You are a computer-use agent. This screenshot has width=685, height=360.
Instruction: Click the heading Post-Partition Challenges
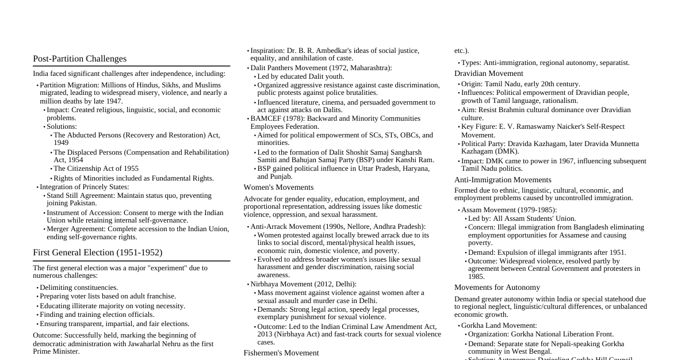tap(79, 59)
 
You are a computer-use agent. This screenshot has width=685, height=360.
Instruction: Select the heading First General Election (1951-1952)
tap(97, 252)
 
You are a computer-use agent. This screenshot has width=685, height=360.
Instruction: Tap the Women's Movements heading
tap(278, 187)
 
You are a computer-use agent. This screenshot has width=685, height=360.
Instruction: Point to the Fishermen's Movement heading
tap(281, 353)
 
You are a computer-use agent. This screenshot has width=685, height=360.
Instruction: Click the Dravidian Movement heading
tap(488, 74)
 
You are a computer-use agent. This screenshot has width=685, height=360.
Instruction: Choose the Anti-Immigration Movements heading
tap(503, 180)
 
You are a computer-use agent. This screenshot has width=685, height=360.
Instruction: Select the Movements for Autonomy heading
tap(497, 288)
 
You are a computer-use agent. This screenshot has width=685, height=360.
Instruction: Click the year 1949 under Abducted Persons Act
tap(61, 143)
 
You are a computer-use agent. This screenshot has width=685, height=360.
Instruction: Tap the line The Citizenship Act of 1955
tap(96, 168)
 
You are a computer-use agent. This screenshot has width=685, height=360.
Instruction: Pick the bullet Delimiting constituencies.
tap(79, 288)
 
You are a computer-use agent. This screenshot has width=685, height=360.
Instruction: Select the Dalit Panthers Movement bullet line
tap(321, 68)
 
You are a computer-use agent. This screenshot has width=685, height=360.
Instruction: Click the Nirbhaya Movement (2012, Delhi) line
tap(303, 284)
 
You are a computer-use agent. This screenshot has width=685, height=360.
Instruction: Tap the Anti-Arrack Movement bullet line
tap(338, 227)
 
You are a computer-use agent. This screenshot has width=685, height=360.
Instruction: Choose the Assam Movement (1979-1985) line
tap(508, 210)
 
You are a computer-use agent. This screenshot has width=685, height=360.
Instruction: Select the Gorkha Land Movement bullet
tap(499, 325)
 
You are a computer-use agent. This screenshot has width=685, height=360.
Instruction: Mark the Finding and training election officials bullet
tap(97, 315)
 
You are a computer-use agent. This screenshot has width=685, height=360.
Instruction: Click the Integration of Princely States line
tap(84, 187)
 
